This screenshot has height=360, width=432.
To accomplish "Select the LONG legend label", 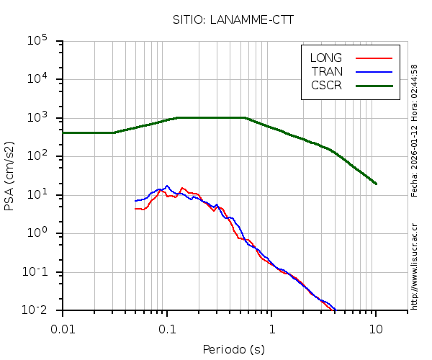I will click(326, 58).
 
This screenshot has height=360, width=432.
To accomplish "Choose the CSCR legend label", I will click(326, 85).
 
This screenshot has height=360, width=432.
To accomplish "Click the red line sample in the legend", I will click(374, 58).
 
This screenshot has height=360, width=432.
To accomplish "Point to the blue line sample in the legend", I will click(374, 71).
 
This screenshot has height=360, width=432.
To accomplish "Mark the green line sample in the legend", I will click(374, 85).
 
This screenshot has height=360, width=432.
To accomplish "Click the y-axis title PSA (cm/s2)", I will click(10, 175).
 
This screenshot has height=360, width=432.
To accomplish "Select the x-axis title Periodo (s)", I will click(233, 349).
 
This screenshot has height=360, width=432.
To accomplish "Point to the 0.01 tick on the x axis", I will click(63, 328).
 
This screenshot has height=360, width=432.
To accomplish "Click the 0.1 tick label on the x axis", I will click(167, 328).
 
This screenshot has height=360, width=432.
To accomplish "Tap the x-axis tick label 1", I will click(271, 328).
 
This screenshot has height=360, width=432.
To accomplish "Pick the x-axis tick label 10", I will click(376, 328).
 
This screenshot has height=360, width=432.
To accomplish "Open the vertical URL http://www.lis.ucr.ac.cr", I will click(415, 266).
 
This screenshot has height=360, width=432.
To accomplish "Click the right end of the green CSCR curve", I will click(376, 184).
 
